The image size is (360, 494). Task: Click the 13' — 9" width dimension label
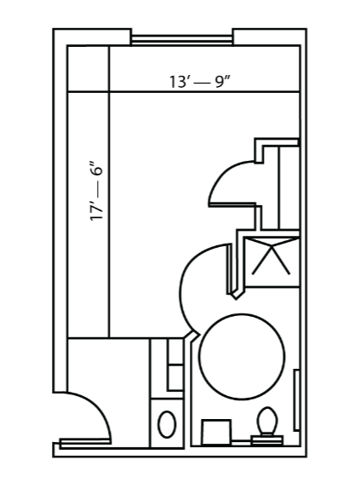click(201, 82)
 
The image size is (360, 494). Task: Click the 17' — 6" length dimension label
click(96, 192)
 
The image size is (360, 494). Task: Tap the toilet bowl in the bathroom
click(267, 420)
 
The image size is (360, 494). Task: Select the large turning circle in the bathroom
click(243, 357)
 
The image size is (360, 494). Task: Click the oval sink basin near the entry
click(167, 424)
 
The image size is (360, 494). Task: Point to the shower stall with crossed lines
click(271, 261)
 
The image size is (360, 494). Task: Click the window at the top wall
click(182, 40)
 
